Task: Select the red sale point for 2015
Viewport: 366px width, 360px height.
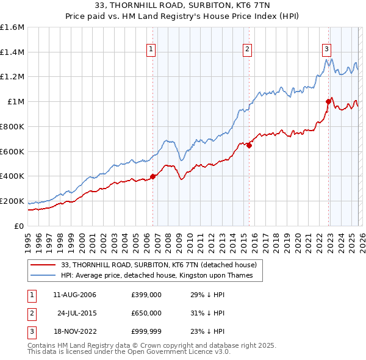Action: pos(249,145)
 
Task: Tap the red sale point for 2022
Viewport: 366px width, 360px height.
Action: pos(328,102)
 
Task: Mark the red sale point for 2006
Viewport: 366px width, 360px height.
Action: pos(153,176)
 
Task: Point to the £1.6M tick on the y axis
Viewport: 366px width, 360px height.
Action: pos(12,27)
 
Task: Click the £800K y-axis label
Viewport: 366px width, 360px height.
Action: pos(12,126)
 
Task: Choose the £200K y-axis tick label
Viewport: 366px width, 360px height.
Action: pos(12,201)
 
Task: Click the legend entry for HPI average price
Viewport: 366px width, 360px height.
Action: pos(161,275)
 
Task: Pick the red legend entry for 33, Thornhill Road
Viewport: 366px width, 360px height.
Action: pos(162,265)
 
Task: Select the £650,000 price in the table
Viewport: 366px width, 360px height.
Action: pos(146,313)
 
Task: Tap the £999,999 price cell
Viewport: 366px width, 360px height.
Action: pos(146,331)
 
